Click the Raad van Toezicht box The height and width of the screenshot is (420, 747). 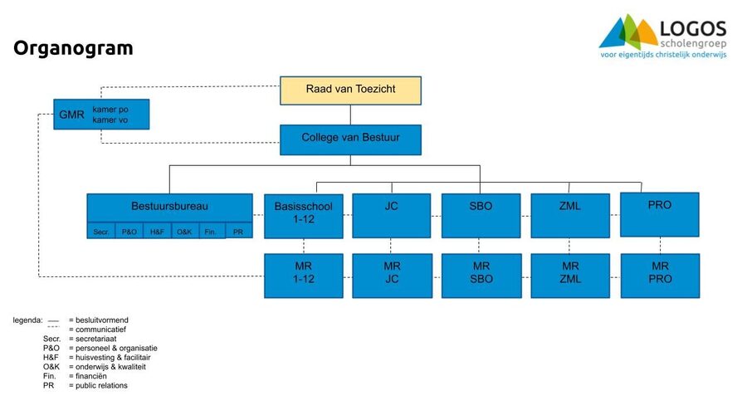tap(350, 90)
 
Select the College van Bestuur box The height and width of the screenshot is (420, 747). tap(350, 139)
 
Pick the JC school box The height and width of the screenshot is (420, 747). tap(392, 215)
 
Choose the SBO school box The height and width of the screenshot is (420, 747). tap(480, 215)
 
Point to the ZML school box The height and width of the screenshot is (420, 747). tap(569, 215)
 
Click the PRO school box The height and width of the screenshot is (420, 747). tap(659, 214)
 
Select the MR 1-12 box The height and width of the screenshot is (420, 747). tap(303, 275)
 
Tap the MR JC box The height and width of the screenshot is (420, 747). tap(392, 275)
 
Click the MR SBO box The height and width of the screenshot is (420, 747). tap(480, 275)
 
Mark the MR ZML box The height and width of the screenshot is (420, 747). tap(569, 275)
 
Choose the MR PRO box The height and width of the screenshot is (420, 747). tap(659, 275)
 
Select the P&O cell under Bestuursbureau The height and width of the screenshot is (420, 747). tap(129, 232)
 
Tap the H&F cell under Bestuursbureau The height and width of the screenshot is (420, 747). tap(157, 232)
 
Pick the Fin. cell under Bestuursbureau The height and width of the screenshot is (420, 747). tap(211, 232)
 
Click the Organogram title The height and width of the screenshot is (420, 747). tap(73, 48)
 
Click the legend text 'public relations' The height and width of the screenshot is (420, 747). tap(99, 385)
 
